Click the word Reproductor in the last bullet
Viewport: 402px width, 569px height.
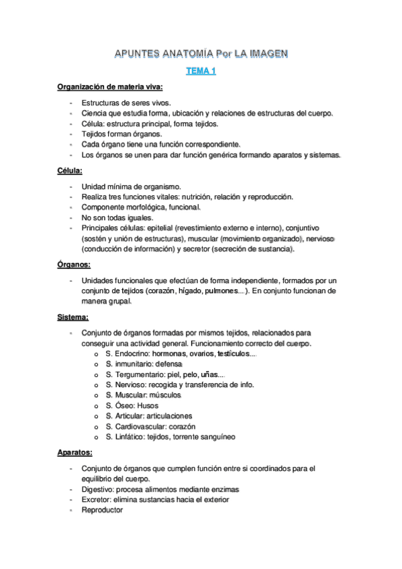coord(102,510)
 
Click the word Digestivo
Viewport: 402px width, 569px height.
coord(99,489)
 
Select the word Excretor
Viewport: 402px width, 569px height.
coord(98,500)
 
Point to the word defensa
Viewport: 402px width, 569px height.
coord(174,364)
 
